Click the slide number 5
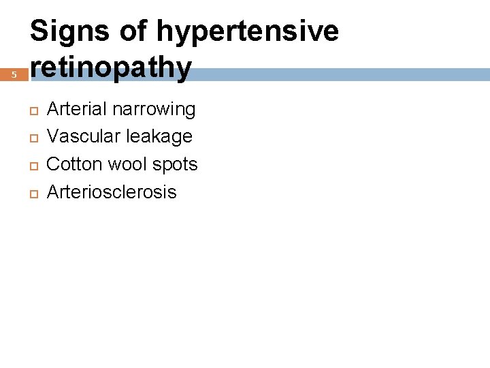pyautogui.click(x=14, y=74)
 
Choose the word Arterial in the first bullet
pyautogui.click(x=76, y=109)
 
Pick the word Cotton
pyautogui.click(x=71, y=164)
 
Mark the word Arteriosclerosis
pyautogui.click(x=111, y=192)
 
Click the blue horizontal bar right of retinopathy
pyautogui.click(x=340, y=74)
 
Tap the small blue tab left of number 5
pyautogui.click(x=4, y=74)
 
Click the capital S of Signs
pyautogui.click(x=39, y=31)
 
